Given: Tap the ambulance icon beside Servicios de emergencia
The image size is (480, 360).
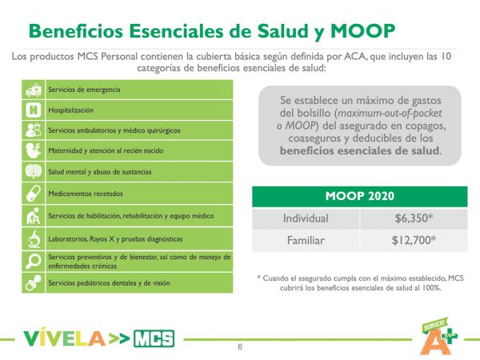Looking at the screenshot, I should click(34, 89).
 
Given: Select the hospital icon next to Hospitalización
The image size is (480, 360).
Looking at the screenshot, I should click(34, 110).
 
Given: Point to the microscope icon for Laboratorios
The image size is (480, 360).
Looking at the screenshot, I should click(34, 238).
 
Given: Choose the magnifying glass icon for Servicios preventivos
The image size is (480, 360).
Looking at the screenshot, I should click(34, 260).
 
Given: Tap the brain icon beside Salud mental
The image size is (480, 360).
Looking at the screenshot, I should click(34, 171).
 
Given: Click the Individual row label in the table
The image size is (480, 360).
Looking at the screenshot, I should click(306, 218).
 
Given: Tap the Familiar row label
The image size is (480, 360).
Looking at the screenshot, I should click(306, 239).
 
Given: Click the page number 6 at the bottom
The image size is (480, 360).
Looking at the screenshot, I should click(239, 346).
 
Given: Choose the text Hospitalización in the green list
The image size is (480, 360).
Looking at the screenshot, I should click(71, 109).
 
